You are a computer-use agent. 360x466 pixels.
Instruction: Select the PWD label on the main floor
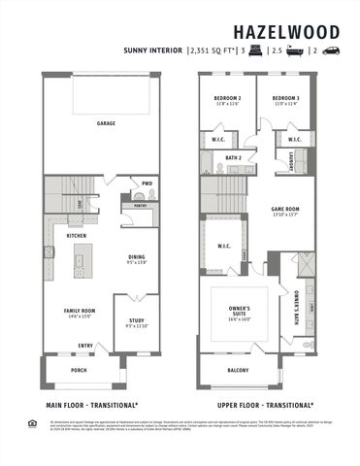(147, 183)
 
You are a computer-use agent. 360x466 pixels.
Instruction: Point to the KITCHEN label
(77, 237)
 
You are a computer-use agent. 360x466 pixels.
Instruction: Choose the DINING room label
(135, 257)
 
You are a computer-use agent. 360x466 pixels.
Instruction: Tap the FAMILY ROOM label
(78, 311)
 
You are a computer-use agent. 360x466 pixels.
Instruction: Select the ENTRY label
(86, 345)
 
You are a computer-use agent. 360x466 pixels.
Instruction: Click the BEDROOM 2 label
(227, 99)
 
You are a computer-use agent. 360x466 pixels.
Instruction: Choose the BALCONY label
(238, 370)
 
